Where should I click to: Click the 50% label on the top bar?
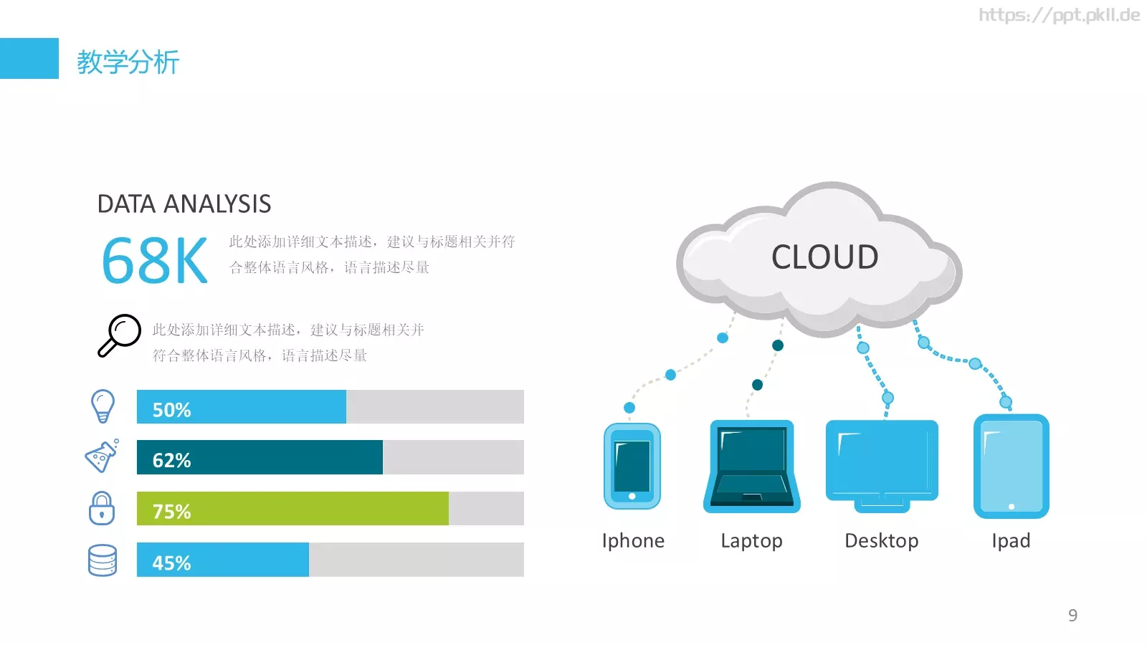[x=171, y=410]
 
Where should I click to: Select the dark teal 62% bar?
[x=260, y=457]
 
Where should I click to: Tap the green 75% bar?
[x=292, y=508]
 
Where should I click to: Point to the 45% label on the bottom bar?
[x=171, y=563]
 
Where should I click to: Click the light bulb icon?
[x=103, y=406]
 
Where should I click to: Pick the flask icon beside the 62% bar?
[x=102, y=456]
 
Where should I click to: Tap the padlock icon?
[x=101, y=508]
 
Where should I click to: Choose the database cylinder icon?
[x=103, y=560]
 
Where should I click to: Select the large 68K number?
[x=155, y=261]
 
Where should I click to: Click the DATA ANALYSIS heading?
[x=184, y=204]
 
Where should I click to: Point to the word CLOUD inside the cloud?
[x=825, y=257]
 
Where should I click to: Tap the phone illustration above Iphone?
[x=632, y=467]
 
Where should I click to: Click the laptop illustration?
[x=752, y=467]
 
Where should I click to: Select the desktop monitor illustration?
[x=882, y=467]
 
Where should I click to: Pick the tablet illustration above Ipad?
[x=1012, y=467]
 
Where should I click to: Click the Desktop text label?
[x=882, y=540]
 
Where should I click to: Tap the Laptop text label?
[x=752, y=541]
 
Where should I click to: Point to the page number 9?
[x=1072, y=615]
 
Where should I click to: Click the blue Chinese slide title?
[x=128, y=62]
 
